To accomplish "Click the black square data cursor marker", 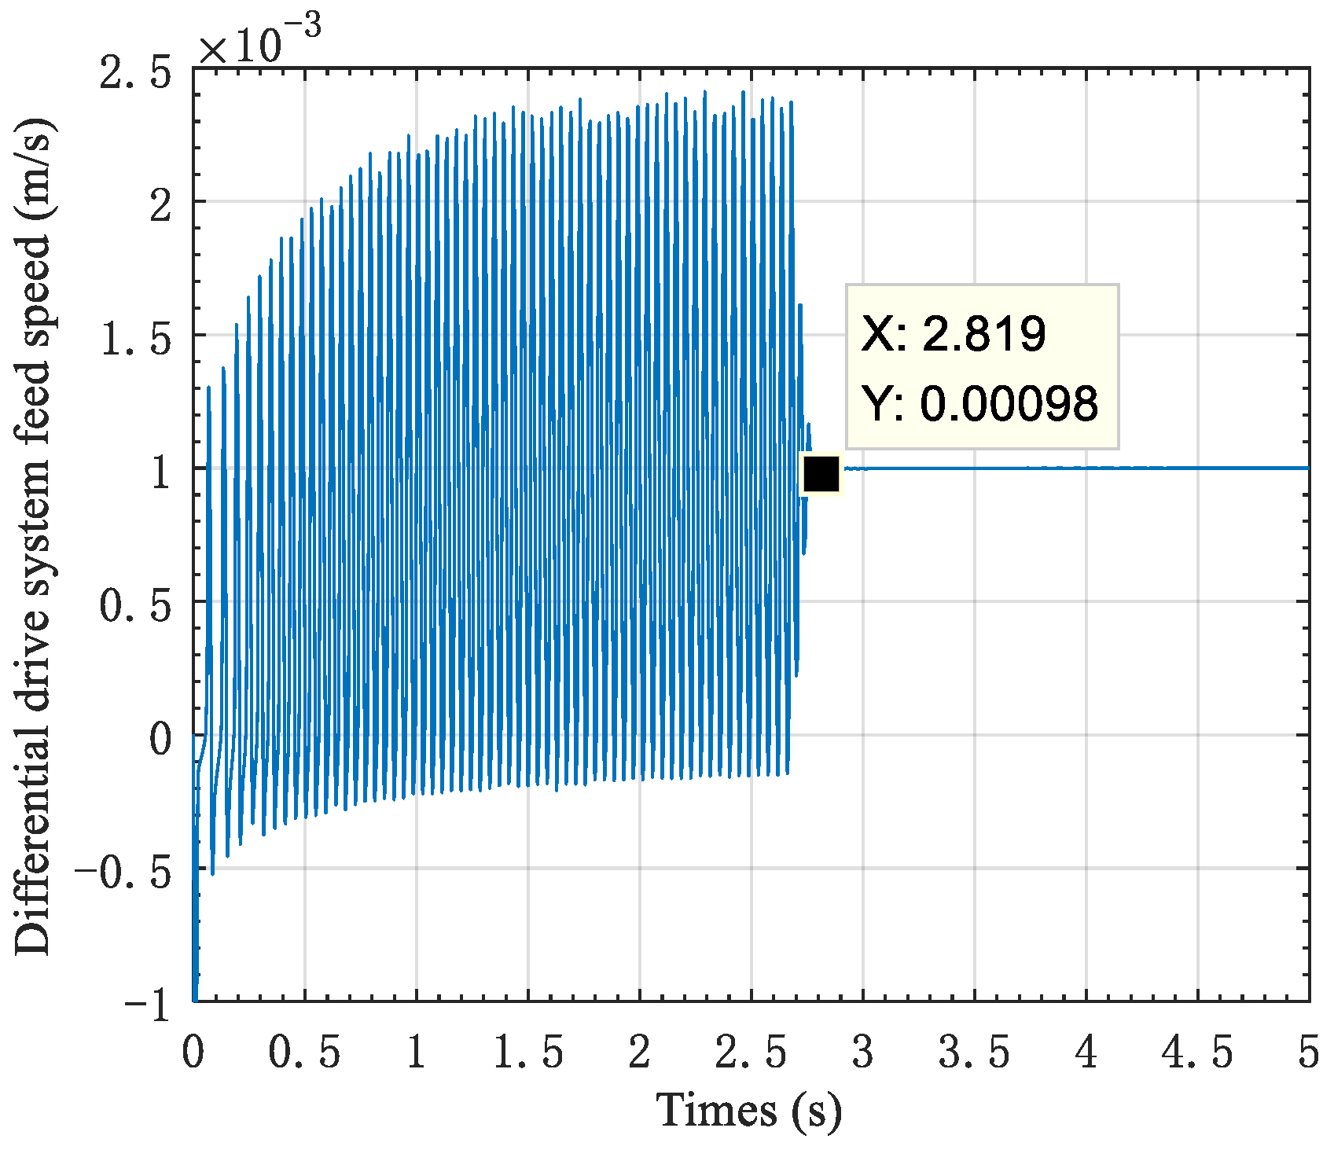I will pos(822,474).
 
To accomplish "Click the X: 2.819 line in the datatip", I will pos(954,333).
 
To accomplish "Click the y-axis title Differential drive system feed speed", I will pos(33,536).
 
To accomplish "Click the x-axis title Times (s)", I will pos(748,1111).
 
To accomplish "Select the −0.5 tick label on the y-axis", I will pos(123,869).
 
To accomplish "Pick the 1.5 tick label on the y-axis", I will pos(135,340).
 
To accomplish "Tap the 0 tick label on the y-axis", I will pos(160,739).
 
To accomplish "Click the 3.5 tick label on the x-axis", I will pos(975,1053).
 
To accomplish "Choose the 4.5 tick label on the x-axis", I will pos(1197,1053).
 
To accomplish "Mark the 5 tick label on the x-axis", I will pos(1308,1053).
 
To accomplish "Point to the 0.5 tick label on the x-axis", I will pos(304,1053).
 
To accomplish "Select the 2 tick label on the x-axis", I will pos(640,1053).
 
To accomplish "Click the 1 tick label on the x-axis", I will pos(417,1053).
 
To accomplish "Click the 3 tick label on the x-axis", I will pos(863,1053).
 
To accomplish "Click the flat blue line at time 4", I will pos(1086,468).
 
